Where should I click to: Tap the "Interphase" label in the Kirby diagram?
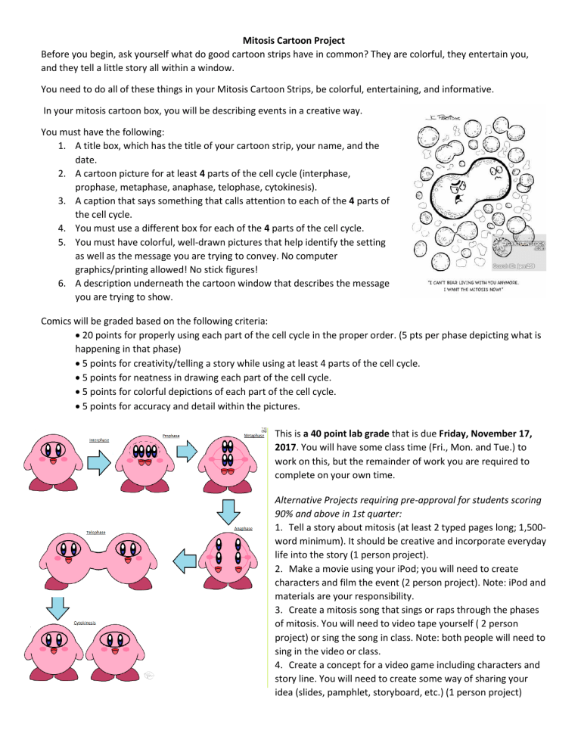[100, 440]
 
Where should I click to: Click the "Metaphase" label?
[255, 435]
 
